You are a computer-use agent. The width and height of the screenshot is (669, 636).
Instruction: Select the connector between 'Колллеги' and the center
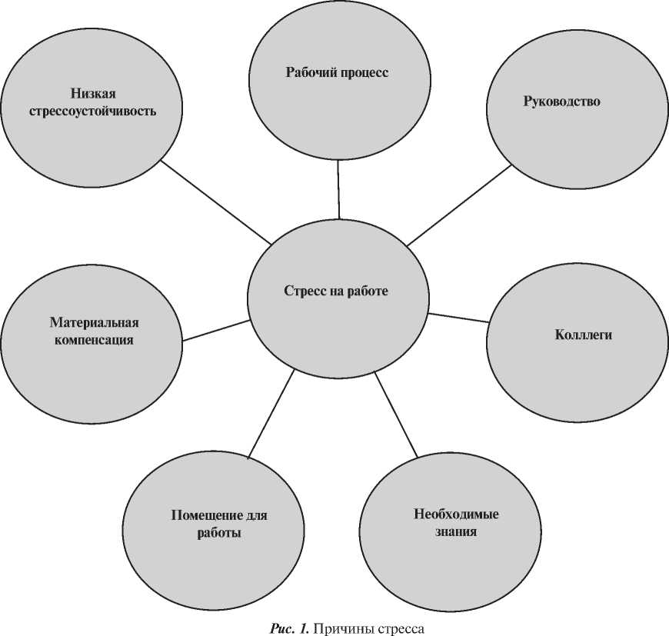(x=458, y=318)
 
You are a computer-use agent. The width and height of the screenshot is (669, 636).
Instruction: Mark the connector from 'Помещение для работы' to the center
(x=273, y=414)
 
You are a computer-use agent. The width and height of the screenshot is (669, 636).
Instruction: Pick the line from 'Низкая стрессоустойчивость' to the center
(x=216, y=202)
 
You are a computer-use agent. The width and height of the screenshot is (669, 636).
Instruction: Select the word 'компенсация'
(x=94, y=340)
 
